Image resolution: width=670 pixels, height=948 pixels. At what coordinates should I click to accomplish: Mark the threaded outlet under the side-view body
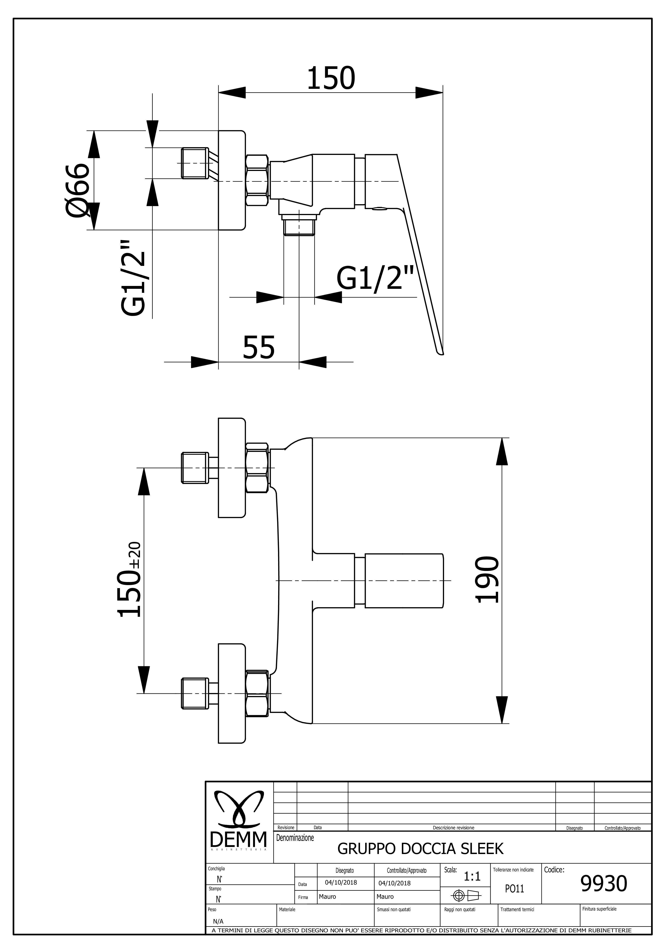click(299, 227)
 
